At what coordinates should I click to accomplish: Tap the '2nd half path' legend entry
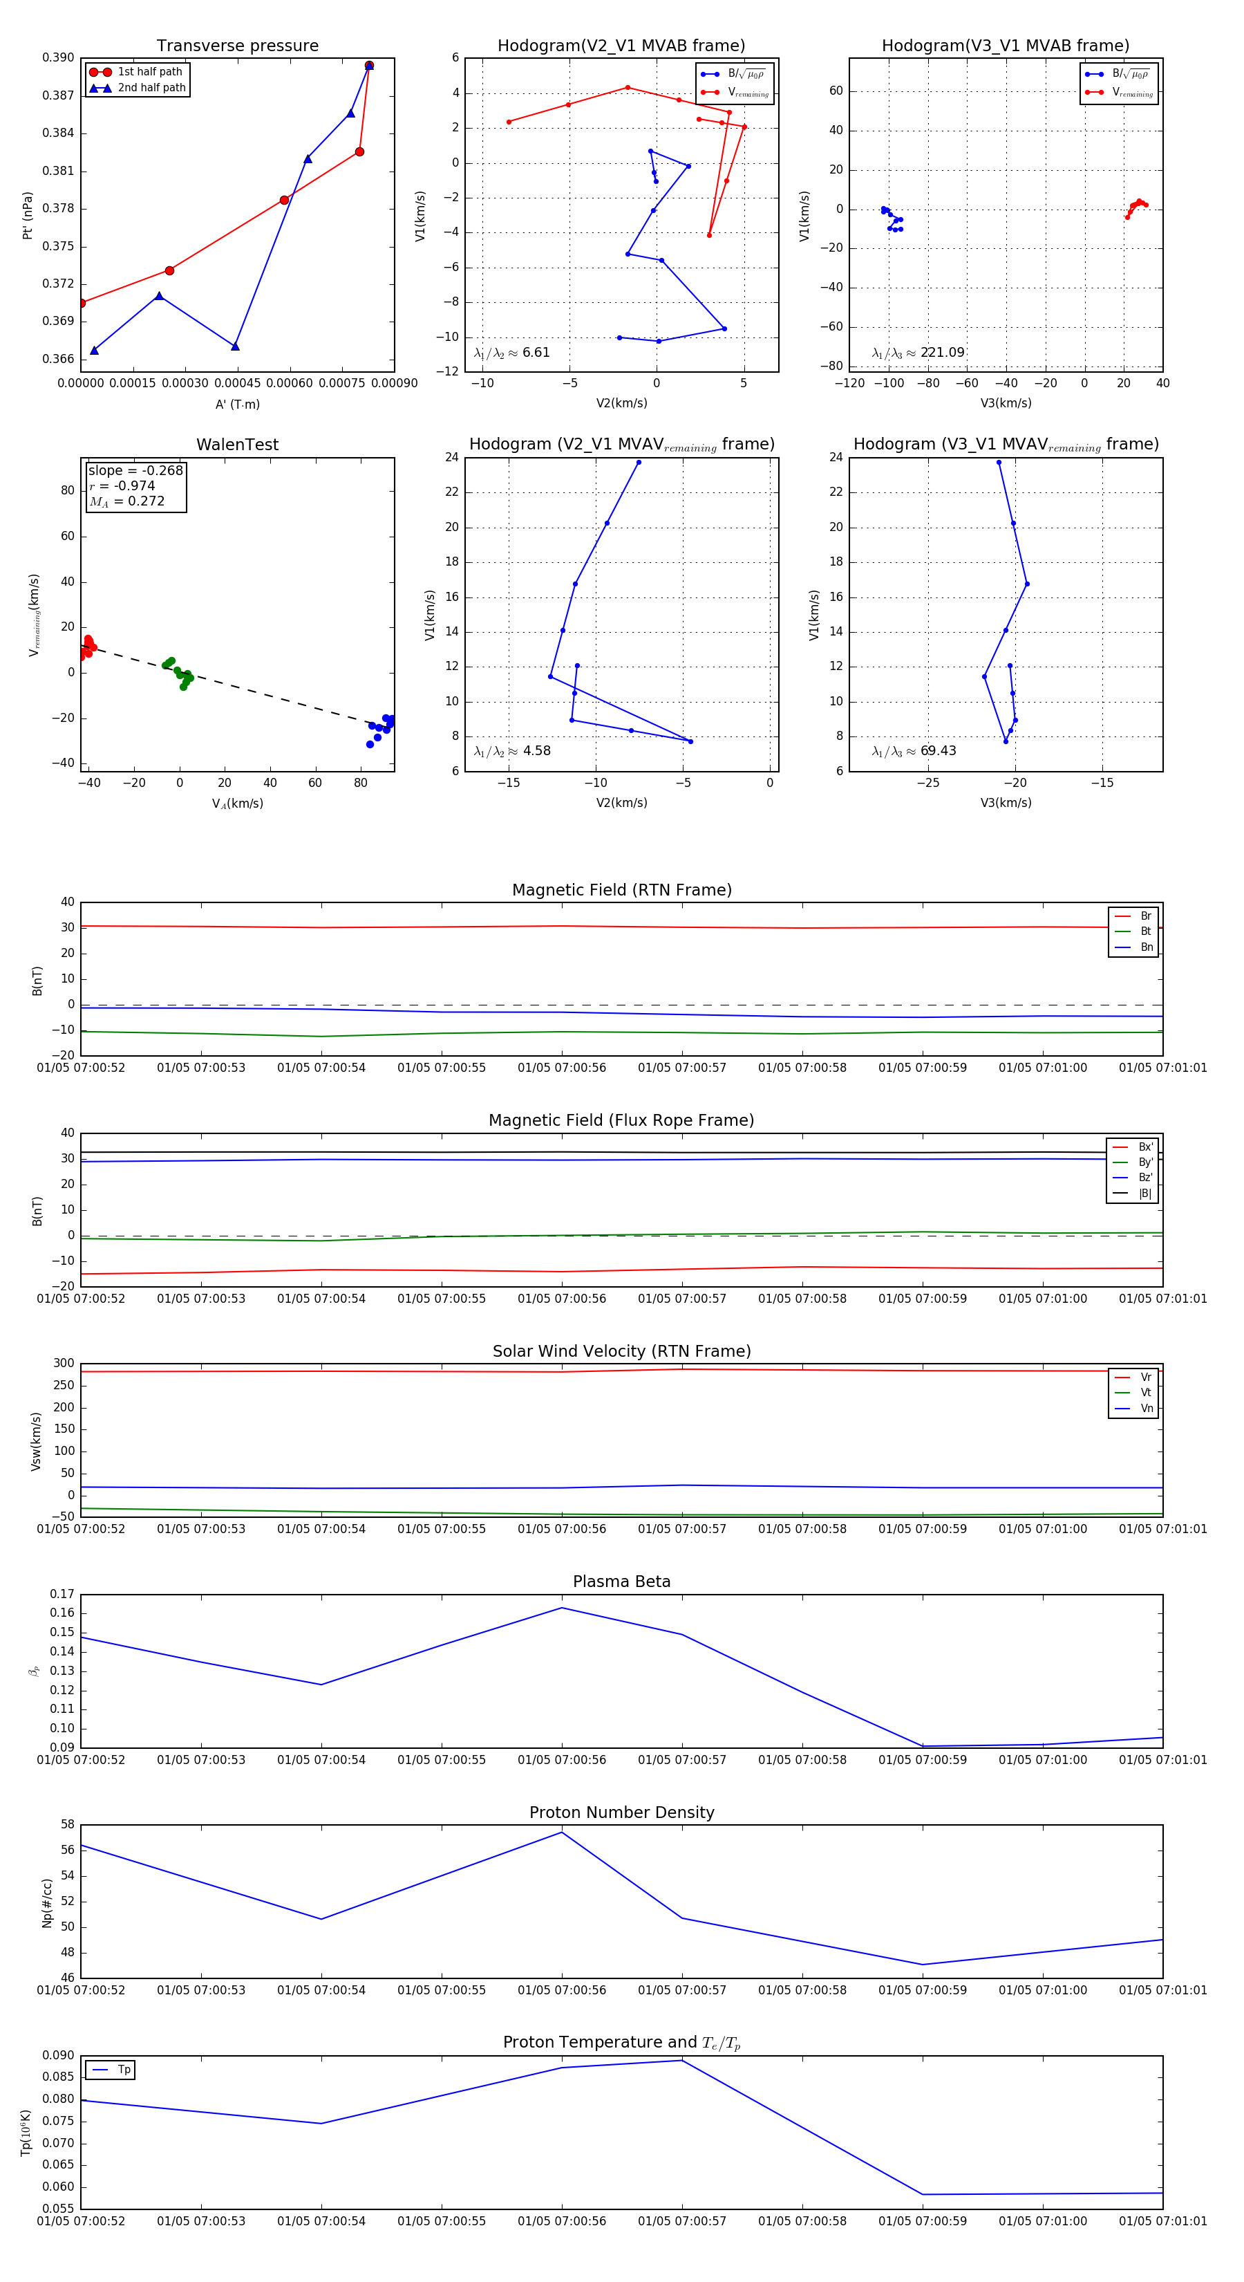[151, 88]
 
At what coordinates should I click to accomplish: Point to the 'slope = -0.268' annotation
[135, 470]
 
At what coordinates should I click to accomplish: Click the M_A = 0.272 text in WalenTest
[126, 501]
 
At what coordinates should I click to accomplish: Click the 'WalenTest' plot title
[237, 445]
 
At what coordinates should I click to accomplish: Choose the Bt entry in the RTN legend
[1145, 931]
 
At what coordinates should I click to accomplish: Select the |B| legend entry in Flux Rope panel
[1144, 1194]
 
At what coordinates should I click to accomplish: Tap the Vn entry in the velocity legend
[1146, 1409]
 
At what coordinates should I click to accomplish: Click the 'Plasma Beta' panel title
[621, 1581]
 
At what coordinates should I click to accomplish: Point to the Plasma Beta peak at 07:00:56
[561, 1608]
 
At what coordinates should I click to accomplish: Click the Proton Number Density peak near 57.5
[561, 1832]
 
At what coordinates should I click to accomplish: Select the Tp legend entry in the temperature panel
[124, 2070]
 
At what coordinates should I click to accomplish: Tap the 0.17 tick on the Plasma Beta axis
[62, 1595]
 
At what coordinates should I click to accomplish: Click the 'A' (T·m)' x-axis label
[237, 404]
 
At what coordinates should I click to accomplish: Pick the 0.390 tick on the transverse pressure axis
[59, 57]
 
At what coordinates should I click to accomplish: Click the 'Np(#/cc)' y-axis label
[47, 1903]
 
